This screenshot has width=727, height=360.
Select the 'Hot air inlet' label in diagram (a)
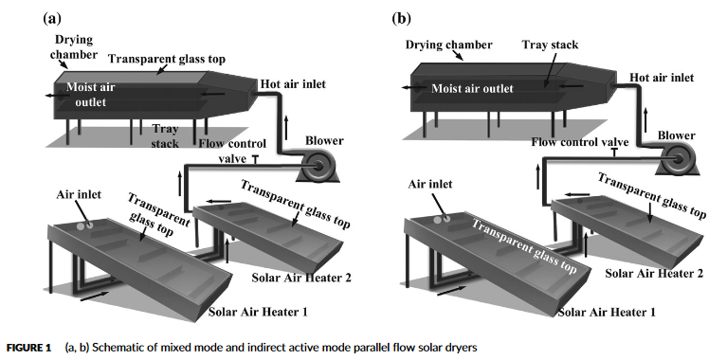click(x=296, y=85)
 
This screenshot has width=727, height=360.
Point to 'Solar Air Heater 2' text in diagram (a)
click(x=297, y=278)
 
